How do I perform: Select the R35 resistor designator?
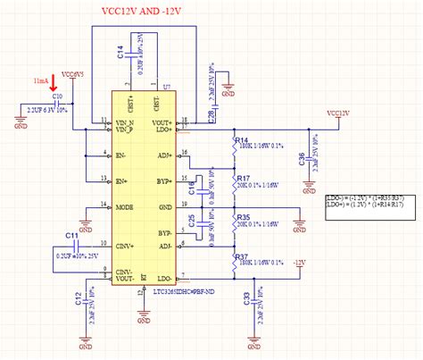[242, 217]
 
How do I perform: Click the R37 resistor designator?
[242, 257]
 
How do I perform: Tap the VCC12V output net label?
[337, 113]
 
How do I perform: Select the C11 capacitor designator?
[72, 234]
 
